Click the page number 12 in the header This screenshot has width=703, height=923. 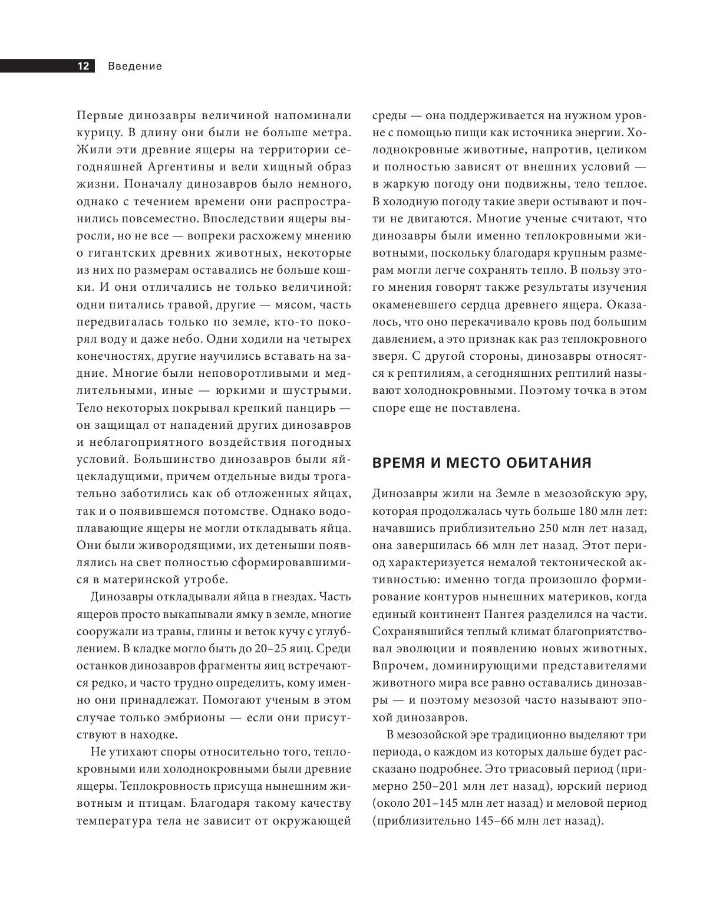click(83, 66)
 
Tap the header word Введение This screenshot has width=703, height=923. click(135, 66)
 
